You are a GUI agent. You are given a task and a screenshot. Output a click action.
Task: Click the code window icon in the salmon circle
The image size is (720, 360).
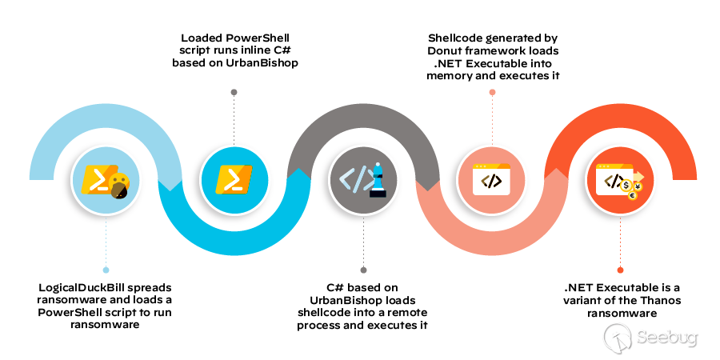click(x=492, y=180)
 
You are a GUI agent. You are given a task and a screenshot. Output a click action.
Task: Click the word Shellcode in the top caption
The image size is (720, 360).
click(x=455, y=38)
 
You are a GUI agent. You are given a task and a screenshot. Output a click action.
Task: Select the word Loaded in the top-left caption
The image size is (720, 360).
click(x=202, y=38)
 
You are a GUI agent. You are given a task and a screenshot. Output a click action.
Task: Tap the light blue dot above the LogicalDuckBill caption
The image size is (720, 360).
click(x=106, y=270)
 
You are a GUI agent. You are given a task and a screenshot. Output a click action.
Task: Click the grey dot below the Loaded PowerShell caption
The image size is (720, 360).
click(x=234, y=92)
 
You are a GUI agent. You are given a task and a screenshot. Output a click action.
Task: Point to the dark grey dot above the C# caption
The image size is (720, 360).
click(x=363, y=270)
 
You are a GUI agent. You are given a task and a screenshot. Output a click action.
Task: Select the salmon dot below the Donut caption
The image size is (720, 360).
click(x=492, y=92)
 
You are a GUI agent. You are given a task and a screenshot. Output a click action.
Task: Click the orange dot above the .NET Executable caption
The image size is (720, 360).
click(x=621, y=270)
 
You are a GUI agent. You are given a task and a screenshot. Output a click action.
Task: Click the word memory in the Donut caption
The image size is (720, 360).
click(x=450, y=76)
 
